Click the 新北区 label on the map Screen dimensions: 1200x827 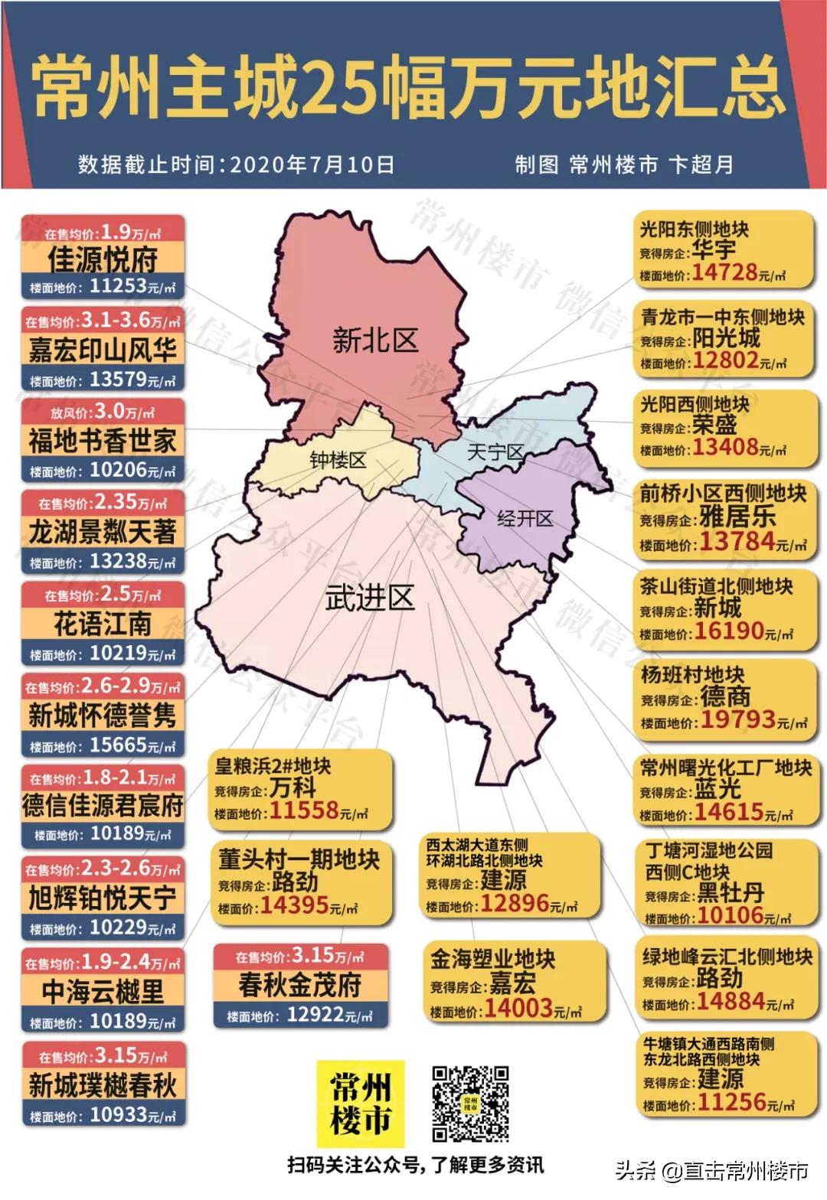pos(374,340)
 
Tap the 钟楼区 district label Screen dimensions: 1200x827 pos(338,460)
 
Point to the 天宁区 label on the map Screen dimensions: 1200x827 pos(495,452)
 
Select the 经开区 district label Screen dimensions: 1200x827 pos(525,519)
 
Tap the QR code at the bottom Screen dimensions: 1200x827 pos(470,1104)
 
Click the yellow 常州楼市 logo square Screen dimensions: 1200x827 pos(360,1104)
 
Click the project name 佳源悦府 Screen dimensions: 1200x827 pos(102,260)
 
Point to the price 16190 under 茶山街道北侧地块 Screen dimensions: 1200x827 pos(728,631)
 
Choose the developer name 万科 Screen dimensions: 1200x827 pos(293,787)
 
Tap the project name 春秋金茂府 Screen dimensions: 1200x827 pos(299,985)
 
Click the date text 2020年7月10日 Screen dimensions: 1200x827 pos(312,165)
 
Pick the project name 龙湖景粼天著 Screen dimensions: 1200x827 pos(102,532)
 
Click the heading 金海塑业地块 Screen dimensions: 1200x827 pos(492,959)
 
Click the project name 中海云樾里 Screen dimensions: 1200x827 pos(102,992)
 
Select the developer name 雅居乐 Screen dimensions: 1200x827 pos(737,517)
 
